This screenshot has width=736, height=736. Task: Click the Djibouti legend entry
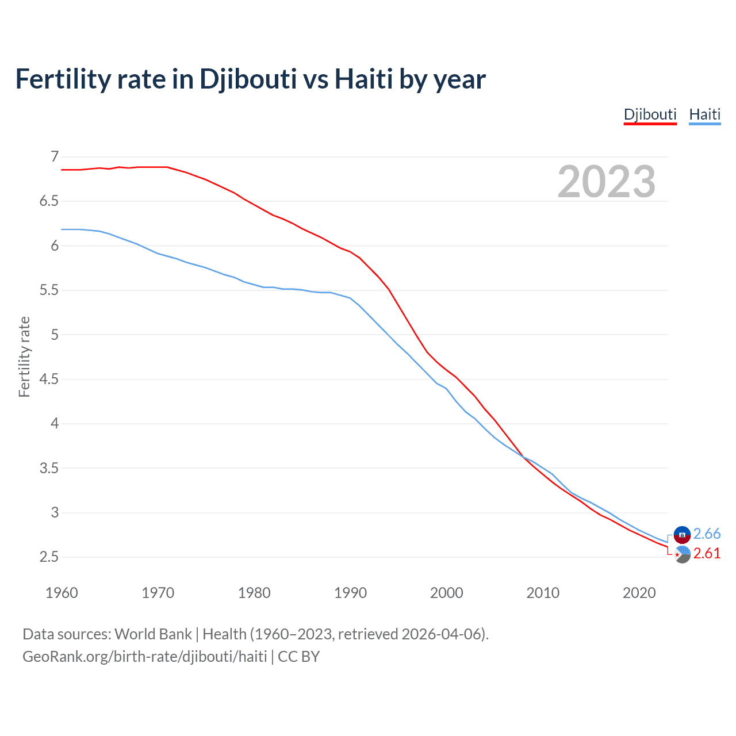(650, 114)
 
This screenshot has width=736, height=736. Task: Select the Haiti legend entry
(704, 114)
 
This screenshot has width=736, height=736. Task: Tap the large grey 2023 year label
(606, 182)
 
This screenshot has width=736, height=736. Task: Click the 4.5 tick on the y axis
(49, 379)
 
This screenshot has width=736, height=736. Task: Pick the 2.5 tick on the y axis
(49, 557)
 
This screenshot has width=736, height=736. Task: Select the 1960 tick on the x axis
(62, 593)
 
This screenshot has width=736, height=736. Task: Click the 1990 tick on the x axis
(350, 593)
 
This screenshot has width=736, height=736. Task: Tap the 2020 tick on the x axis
(639, 593)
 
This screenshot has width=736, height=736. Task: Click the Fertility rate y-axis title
(24, 356)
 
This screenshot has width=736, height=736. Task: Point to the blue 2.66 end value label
(707, 534)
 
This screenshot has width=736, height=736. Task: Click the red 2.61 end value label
(707, 553)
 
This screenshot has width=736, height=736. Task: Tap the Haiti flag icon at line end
(682, 534)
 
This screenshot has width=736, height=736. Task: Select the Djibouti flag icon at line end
(682, 554)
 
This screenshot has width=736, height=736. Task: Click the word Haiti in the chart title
(363, 79)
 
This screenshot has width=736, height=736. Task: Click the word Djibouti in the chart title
(248, 79)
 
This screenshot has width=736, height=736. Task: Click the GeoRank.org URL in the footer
(144, 656)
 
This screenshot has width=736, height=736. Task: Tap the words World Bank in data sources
(153, 634)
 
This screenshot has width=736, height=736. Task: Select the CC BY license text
(298, 656)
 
